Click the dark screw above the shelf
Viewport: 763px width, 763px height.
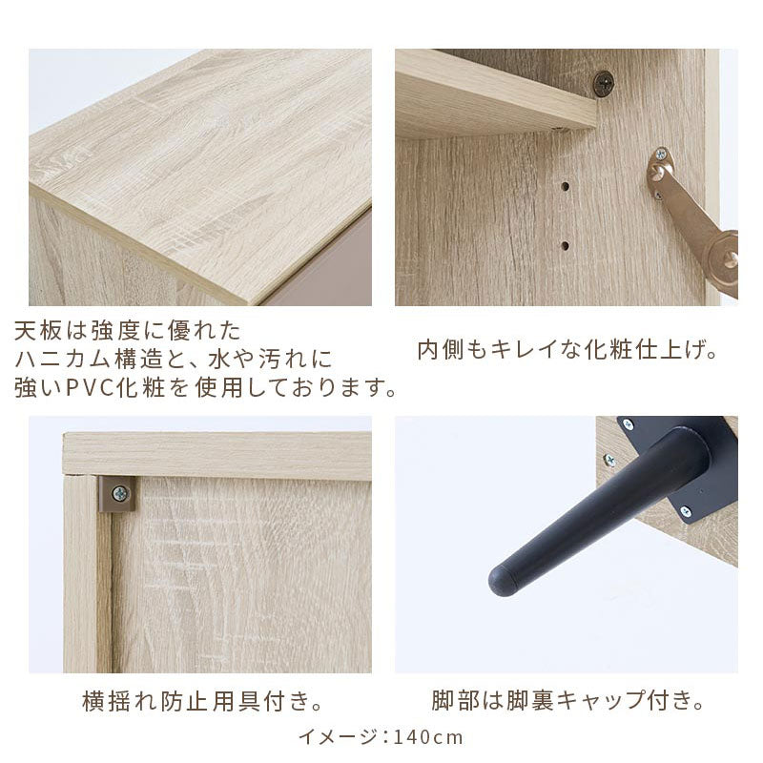[x=604, y=84]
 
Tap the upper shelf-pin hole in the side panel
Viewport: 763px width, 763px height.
[x=565, y=186]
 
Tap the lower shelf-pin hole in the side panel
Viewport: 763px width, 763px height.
[x=565, y=246]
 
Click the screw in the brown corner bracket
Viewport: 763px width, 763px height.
[x=119, y=494]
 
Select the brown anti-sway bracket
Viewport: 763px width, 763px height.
[x=117, y=494]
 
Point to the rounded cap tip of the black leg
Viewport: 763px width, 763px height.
[x=502, y=580]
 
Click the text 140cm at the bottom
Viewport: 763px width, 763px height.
[x=427, y=736]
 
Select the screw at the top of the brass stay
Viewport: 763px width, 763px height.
[x=661, y=155]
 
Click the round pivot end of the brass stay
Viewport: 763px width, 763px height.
[x=724, y=258]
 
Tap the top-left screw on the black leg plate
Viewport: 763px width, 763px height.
[x=628, y=424]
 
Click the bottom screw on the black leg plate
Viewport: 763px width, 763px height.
[x=686, y=511]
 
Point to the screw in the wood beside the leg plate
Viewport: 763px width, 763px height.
[x=608, y=459]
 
